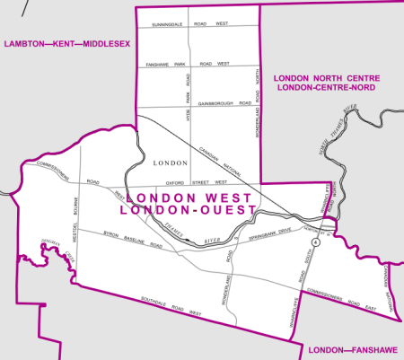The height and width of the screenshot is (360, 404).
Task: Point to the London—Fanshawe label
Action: [350, 349]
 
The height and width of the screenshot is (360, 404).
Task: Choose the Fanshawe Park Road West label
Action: [192, 65]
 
